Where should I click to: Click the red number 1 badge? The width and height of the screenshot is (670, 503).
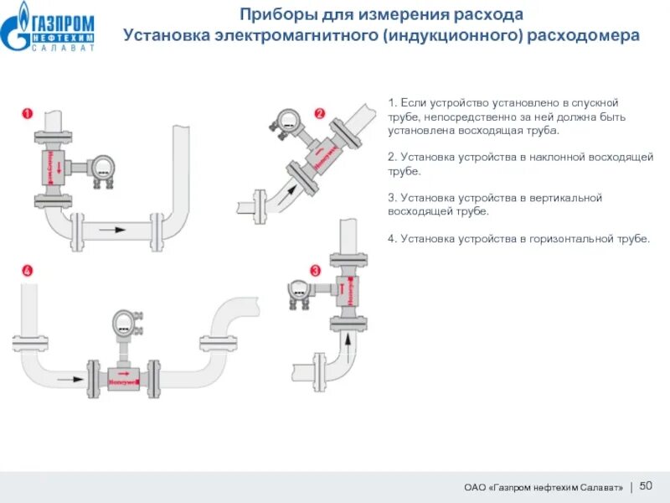coord(27,113)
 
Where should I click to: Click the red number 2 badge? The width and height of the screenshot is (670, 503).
coord(319,113)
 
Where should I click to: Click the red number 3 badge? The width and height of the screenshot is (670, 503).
coord(316,270)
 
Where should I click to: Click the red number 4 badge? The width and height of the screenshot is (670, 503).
coord(27,271)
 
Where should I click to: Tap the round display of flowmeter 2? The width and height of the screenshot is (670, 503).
coord(287,119)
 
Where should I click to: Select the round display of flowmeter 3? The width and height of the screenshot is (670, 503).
coord(299,290)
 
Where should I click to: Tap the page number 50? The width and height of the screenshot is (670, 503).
coord(646,486)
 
